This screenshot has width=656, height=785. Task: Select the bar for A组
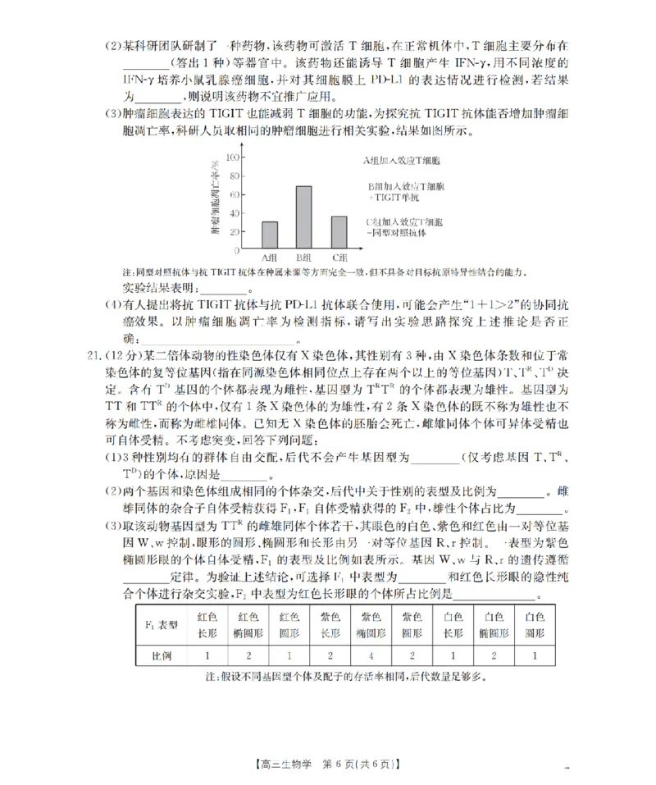coord(269,235)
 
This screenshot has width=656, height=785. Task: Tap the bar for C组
coord(339,232)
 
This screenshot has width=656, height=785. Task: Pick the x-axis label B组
coord(303,258)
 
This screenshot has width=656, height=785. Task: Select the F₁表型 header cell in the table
coord(162,624)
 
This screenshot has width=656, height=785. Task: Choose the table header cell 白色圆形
coord(535,624)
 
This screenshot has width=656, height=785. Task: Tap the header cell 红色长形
coord(208,624)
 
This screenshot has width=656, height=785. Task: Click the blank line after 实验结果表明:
coord(223,289)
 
